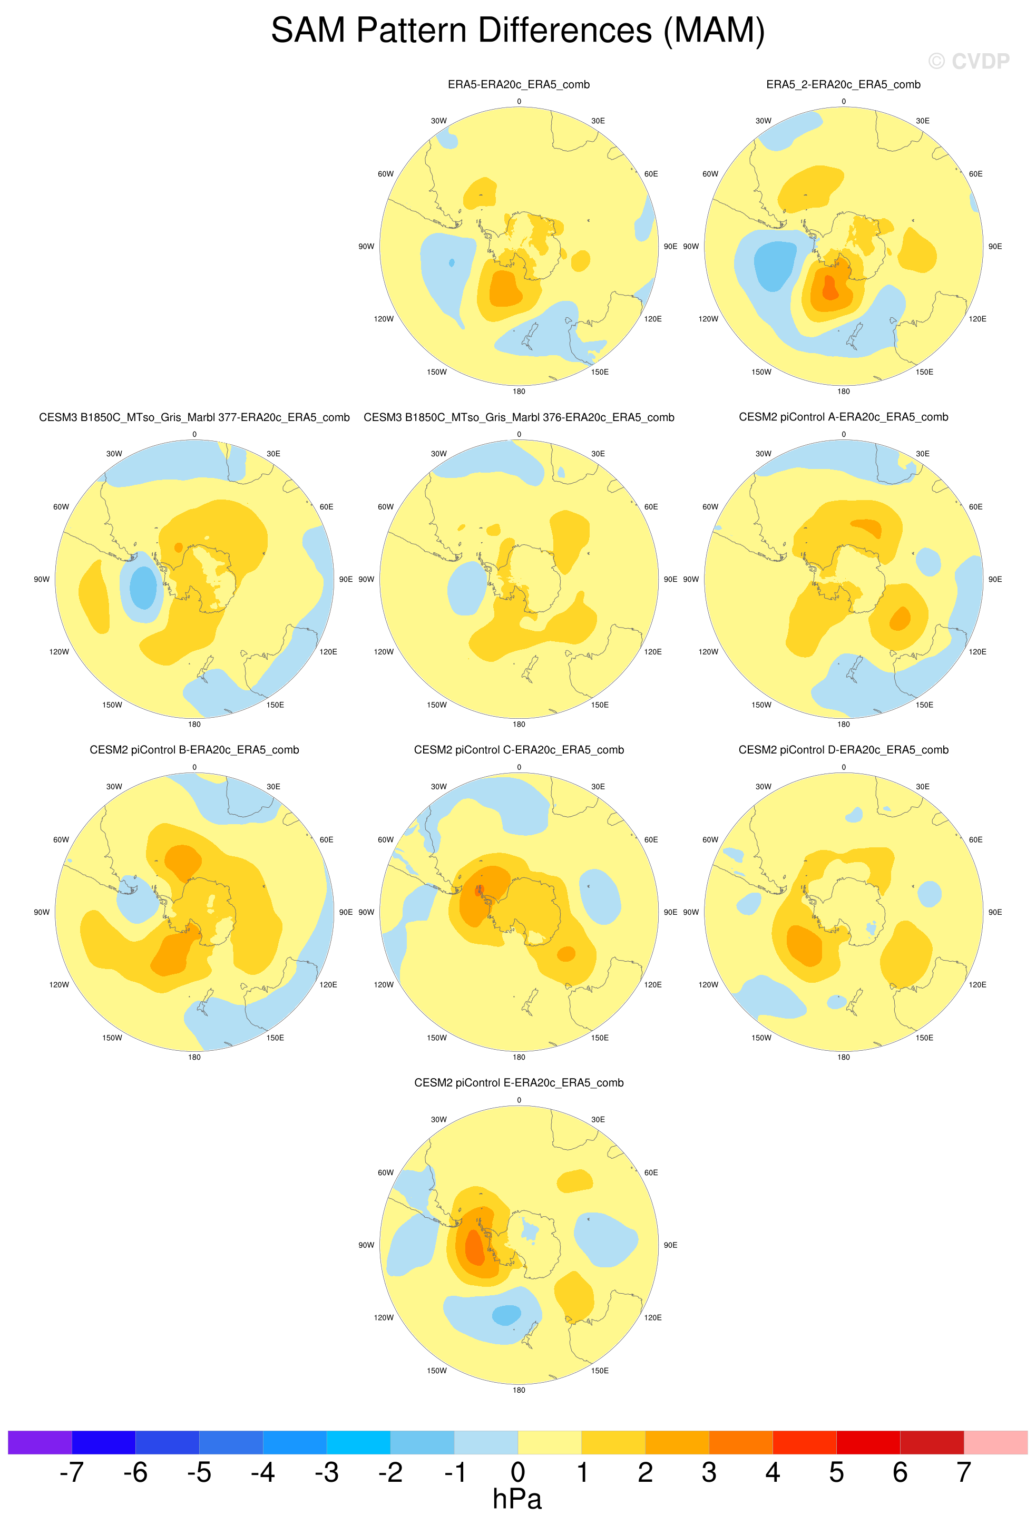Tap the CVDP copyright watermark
[969, 61]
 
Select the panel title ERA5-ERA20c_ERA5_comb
[519, 85]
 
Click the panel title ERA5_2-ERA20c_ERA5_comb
[843, 85]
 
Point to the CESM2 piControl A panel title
[843, 417]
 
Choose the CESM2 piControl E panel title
[519, 1083]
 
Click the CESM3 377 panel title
[194, 417]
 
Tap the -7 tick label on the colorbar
[72, 1472]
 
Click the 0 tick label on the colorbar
[517, 1472]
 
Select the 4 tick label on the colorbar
[772, 1472]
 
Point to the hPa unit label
[517, 1499]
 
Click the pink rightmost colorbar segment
[995, 1442]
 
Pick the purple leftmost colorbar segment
[40, 1442]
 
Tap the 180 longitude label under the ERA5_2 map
[843, 391]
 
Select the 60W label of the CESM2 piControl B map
[61, 839]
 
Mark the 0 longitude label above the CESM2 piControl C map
[519, 767]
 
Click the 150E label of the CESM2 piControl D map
[924, 1038]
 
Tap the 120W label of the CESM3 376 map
[384, 652]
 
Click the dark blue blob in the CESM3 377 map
[143, 588]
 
